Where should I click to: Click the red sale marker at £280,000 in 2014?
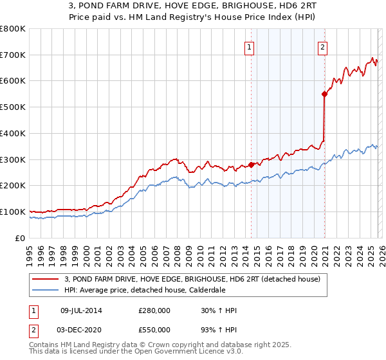tap(251, 165)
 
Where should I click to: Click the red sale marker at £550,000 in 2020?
tap(324, 94)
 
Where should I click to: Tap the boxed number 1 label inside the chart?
tap(248, 46)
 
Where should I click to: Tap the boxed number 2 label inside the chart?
tap(322, 46)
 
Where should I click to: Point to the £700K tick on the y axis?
tap(13, 55)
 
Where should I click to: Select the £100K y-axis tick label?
tap(13, 212)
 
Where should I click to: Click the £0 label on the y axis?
tap(19, 238)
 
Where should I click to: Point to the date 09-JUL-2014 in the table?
tap(80, 310)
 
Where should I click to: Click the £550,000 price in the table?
tap(154, 330)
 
